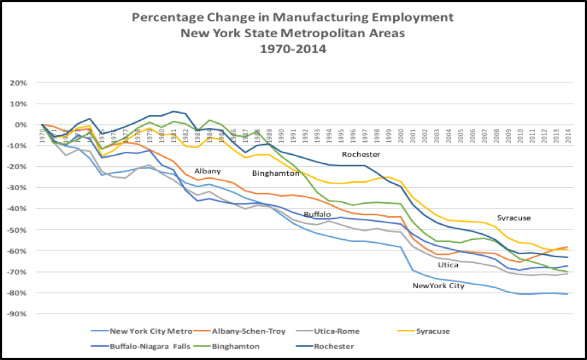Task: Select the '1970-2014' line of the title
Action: tap(293, 49)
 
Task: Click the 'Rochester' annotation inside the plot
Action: tap(361, 154)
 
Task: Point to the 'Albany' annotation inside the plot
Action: tap(207, 171)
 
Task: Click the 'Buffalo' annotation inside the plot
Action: tap(317, 213)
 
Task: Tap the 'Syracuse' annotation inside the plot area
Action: tap(513, 218)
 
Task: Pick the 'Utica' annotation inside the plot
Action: tap(448, 264)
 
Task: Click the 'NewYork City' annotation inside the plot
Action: tap(438, 286)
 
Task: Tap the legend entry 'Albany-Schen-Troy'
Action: tap(245, 331)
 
